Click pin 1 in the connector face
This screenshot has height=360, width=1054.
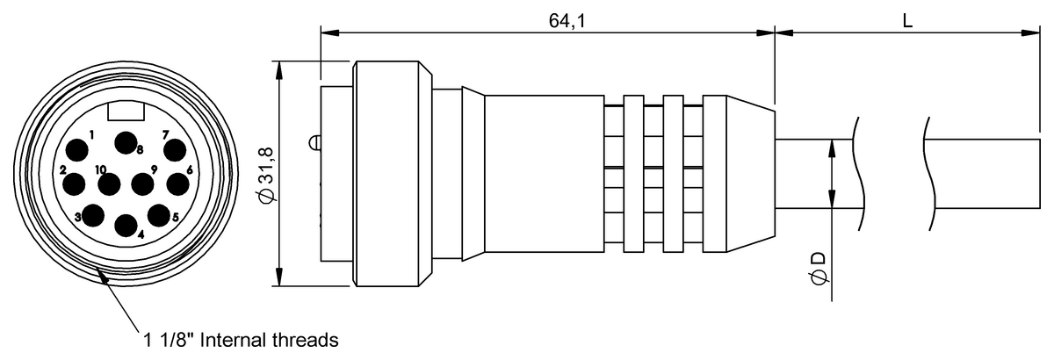pos(77,151)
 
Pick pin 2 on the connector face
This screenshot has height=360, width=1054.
pos(74,184)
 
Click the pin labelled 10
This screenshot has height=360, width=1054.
pos(109,184)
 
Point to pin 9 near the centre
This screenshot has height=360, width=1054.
pos(142,184)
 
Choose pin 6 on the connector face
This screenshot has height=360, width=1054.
pos(177,184)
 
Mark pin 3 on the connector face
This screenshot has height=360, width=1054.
pos(93,215)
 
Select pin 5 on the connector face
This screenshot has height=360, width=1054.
pos(159,215)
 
